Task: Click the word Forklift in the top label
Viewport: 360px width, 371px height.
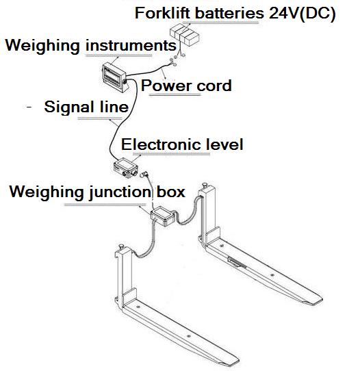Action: [162, 13]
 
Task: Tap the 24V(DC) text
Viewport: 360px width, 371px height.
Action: [303, 14]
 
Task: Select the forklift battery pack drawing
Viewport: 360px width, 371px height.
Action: [185, 35]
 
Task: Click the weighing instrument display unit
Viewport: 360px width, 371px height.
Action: [114, 77]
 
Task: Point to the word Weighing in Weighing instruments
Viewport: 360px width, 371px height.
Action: [42, 45]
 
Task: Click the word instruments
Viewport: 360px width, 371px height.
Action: [131, 45]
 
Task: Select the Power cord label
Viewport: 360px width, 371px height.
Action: [186, 86]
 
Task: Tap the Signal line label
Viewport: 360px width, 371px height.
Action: [86, 107]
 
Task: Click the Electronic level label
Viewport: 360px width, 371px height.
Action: [182, 144]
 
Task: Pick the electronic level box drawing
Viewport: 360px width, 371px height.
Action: [126, 168]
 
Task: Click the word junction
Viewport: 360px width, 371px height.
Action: [120, 192]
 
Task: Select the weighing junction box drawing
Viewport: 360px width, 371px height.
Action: [163, 216]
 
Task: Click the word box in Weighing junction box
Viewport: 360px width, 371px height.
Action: [171, 192]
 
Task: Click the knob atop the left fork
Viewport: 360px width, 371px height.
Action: [122, 246]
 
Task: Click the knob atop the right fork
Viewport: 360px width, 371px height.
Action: [205, 185]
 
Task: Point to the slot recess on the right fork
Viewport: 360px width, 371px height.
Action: [237, 263]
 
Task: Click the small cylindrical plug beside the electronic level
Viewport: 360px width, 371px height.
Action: [144, 175]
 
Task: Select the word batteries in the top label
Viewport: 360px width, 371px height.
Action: [229, 13]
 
